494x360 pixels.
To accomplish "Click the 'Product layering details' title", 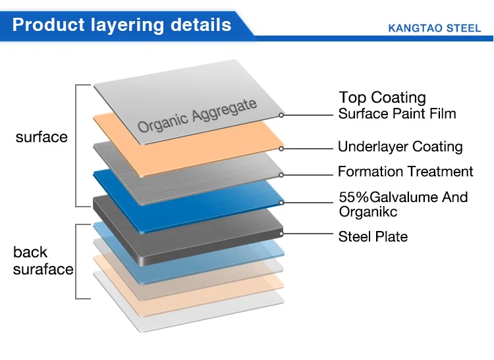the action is click(122, 25).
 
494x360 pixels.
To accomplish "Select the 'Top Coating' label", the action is click(382, 98).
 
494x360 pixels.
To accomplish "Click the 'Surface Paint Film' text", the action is click(397, 113).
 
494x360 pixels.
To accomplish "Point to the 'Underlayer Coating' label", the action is click(400, 147).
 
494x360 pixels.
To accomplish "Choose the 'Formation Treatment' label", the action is click(405, 172).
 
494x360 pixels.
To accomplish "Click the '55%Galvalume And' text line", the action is click(403, 197).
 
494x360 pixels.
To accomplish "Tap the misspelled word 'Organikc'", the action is click(368, 211).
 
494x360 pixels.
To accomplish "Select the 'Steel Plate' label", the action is click(373, 236).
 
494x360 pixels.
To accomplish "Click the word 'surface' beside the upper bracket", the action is click(41, 137).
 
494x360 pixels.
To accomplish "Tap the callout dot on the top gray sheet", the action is click(281, 115).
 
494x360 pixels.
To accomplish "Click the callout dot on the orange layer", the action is click(281, 147).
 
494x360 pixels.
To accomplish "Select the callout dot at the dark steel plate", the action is click(281, 232).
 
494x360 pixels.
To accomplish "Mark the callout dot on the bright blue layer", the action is click(281, 201).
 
